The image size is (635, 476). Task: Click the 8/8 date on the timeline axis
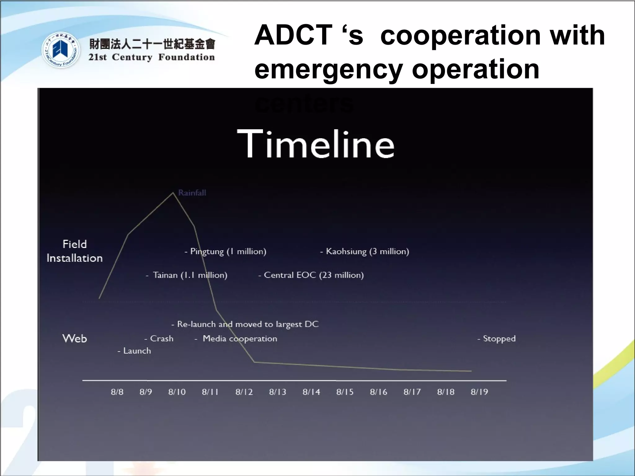click(x=117, y=392)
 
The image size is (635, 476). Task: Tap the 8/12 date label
click(x=244, y=392)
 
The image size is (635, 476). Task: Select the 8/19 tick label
click(x=479, y=392)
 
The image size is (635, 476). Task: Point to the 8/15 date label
click(x=345, y=392)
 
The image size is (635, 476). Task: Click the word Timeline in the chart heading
click(x=316, y=144)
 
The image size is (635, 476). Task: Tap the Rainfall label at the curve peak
click(x=192, y=193)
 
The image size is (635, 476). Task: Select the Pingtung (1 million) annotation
click(x=226, y=251)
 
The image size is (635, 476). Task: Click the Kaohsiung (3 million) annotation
click(x=365, y=251)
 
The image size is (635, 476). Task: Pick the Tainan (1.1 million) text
click(x=187, y=275)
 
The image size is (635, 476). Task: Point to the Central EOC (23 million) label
click(x=311, y=275)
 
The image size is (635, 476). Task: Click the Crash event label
click(x=159, y=338)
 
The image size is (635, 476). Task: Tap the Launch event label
click(x=135, y=351)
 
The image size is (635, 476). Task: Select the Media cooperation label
click(x=236, y=338)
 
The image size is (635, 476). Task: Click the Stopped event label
click(x=497, y=338)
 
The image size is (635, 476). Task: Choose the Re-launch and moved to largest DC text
click(x=245, y=324)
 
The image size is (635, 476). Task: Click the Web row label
click(x=75, y=338)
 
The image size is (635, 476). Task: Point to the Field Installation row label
click(x=75, y=251)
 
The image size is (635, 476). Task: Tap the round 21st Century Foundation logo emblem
click(x=61, y=50)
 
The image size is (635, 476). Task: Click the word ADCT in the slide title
click(x=293, y=35)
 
